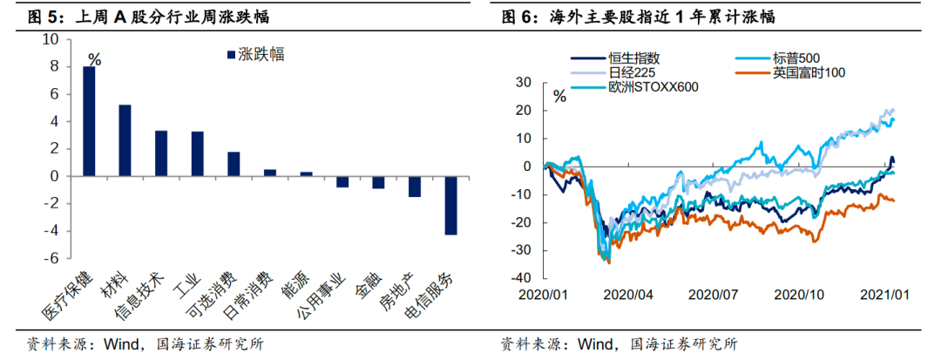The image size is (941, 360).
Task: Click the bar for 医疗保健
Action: tap(89, 121)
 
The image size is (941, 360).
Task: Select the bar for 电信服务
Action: tap(450, 205)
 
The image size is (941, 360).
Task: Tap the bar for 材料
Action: tap(125, 140)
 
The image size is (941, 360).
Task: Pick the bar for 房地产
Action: tap(415, 187)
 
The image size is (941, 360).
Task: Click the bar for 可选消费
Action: tap(234, 164)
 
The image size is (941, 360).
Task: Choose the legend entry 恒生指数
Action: tap(626, 58)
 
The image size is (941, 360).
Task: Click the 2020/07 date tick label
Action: tap(713, 294)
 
